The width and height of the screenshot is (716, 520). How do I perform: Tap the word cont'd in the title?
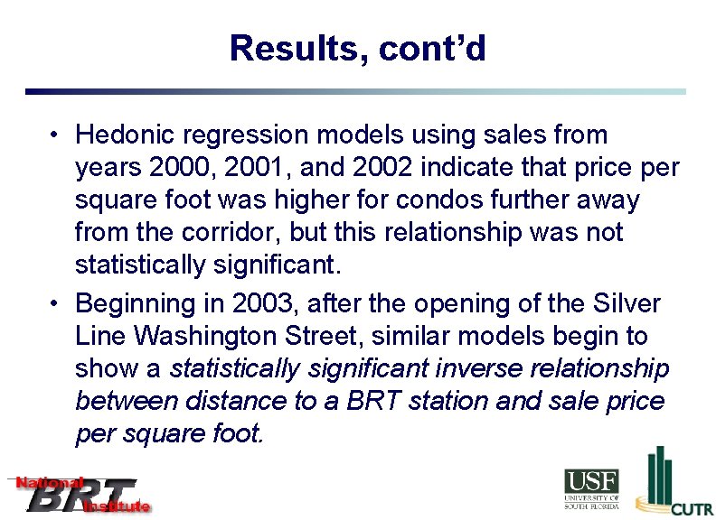click(432, 48)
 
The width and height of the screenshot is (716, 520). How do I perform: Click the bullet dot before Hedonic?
click(55, 135)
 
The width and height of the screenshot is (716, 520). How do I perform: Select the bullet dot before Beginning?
click(55, 303)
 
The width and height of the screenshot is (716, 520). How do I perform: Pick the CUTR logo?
click(674, 483)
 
